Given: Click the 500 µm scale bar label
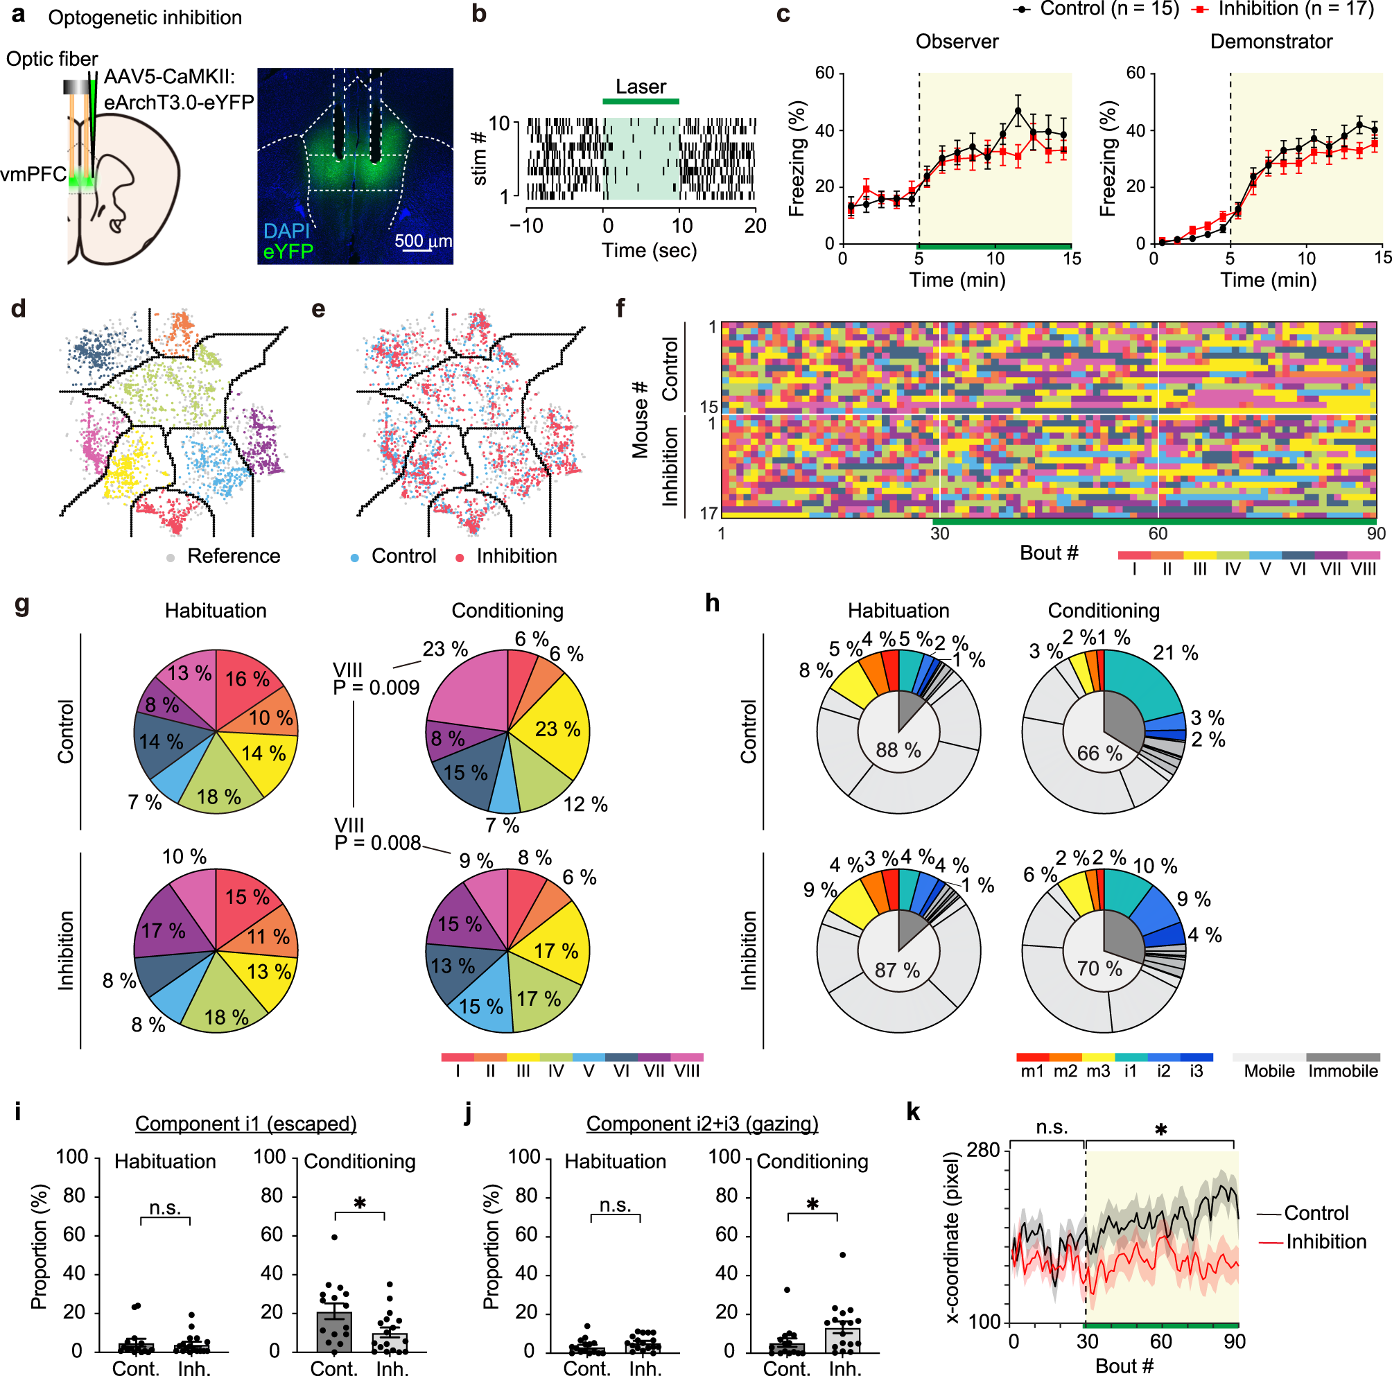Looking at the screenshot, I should (x=423, y=241).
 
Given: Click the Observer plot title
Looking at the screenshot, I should (x=956, y=42).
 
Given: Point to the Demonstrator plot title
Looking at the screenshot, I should (x=1270, y=42).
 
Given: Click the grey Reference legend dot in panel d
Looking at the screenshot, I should (x=171, y=557).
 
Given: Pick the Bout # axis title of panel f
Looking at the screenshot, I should (x=1048, y=553).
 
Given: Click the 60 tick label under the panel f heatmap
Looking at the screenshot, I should (x=1157, y=534).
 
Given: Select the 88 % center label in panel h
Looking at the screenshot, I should (x=898, y=750).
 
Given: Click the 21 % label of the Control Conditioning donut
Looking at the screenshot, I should (x=1175, y=653).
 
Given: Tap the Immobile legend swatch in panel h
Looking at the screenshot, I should (x=1342, y=1057).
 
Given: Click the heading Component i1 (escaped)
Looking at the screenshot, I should (x=245, y=1124).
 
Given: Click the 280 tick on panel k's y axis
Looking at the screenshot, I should (x=983, y=1150).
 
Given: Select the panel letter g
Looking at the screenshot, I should (x=21, y=604).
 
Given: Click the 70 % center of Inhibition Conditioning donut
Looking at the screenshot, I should (x=1099, y=968).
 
